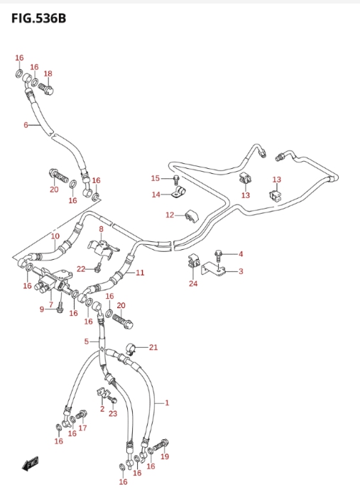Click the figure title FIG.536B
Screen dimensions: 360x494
(39, 18)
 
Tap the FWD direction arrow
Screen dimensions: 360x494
(31, 463)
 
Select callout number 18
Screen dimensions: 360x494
(48, 74)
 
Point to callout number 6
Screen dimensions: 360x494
(26, 125)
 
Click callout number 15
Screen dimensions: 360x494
(155, 178)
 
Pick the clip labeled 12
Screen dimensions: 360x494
(191, 216)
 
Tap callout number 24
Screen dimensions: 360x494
(193, 283)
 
